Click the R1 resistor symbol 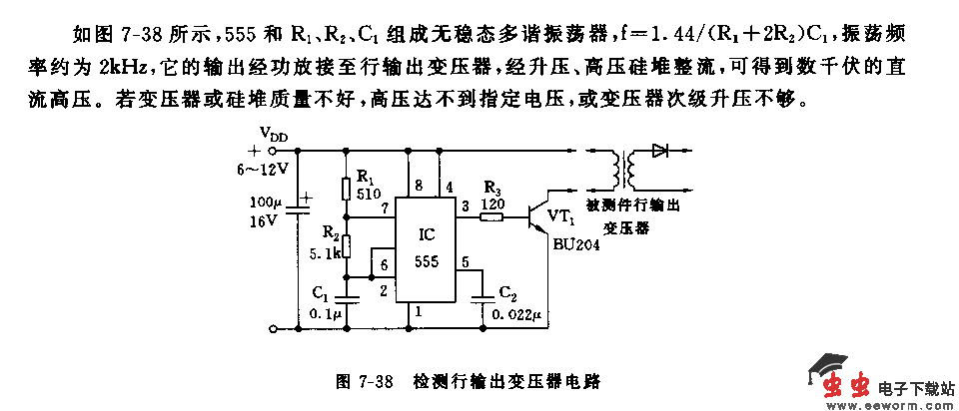coord(345,189)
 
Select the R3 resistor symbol coord(491,213)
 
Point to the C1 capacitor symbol coord(345,296)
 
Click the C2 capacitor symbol coord(484,297)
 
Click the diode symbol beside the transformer coord(659,152)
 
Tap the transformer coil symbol coord(626,170)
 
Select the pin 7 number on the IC coord(385,207)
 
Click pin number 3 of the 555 coord(464,205)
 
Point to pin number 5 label coord(464,262)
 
